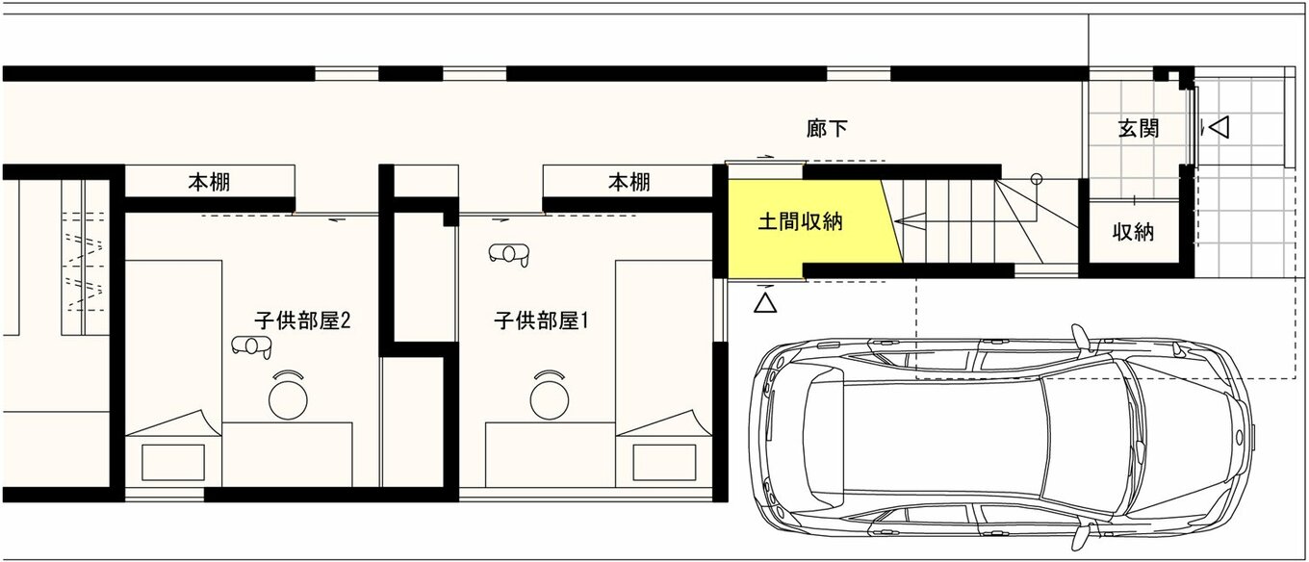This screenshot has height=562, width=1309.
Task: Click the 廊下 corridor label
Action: (x=827, y=129)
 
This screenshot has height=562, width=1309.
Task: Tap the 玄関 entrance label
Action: (x=1139, y=129)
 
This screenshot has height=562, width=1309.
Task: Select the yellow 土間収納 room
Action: (x=812, y=228)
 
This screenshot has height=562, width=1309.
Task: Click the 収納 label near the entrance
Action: (x=1133, y=233)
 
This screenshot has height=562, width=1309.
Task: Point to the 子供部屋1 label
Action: (x=542, y=320)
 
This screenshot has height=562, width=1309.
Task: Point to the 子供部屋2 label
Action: (x=302, y=320)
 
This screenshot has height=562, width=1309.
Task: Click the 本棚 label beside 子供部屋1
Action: (x=629, y=183)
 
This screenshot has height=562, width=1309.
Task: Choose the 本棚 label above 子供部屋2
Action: (x=209, y=183)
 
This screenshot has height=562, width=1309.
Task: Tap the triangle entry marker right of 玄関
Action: (x=1219, y=127)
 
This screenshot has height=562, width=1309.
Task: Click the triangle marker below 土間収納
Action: (x=765, y=302)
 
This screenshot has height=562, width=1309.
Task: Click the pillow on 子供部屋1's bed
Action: (x=664, y=463)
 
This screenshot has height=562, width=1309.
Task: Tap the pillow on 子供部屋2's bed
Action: (x=173, y=463)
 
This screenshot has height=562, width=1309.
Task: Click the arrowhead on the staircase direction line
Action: (x=902, y=222)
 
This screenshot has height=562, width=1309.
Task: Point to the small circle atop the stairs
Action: (x=1037, y=179)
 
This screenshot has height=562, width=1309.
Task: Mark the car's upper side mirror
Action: (x=1080, y=337)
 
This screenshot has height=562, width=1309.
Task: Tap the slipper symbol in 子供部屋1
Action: (x=509, y=254)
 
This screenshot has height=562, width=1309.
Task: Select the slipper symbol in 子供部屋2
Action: (x=251, y=346)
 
